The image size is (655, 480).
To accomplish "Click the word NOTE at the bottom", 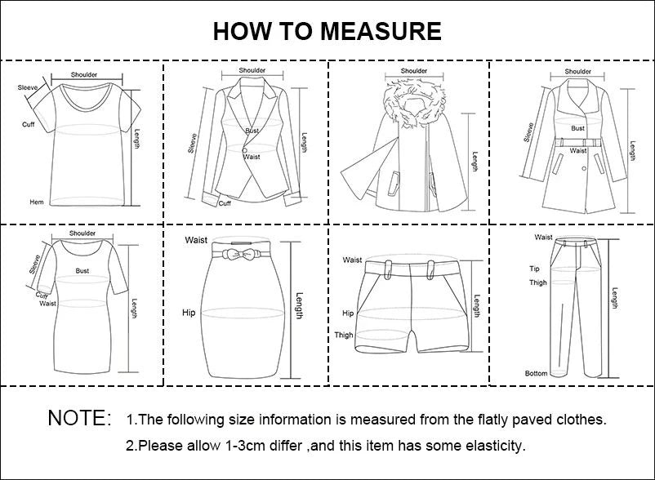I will pos(79,419).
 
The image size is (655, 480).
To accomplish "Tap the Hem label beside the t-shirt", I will pos(37,202).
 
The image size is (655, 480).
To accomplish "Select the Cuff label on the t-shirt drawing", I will pos(28,124).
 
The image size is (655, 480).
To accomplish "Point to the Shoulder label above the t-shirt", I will pos(84,74).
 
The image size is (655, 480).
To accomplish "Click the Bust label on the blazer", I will pos(252,131).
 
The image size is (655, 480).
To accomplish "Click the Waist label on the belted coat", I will pos(578,150).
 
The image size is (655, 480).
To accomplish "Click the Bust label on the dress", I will pos(82,269).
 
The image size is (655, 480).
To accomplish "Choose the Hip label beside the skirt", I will pos(188,313).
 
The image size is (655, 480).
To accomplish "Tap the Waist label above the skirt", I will pos(196,240).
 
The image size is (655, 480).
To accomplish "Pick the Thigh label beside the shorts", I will pos(344,335).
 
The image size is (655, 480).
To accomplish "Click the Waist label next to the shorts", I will pos(352,260).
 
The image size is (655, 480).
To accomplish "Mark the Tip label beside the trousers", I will pos(534,269).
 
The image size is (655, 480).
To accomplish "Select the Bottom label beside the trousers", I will pos(537,373).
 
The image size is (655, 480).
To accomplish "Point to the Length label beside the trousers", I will pos(615,299).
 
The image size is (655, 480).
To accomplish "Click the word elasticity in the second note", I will pos(494,446).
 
